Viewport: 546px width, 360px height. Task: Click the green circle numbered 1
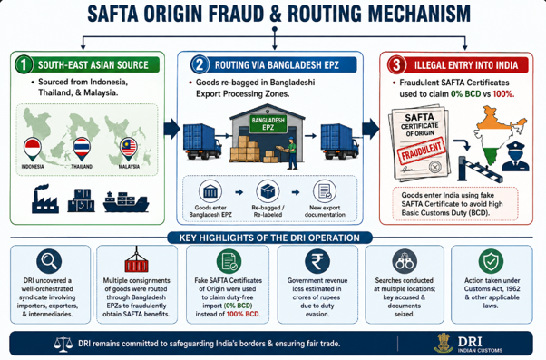(x=24, y=64)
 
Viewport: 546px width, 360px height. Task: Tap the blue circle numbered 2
(x=200, y=64)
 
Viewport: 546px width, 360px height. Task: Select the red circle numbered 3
(x=396, y=64)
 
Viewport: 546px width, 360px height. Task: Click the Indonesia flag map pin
(x=33, y=149)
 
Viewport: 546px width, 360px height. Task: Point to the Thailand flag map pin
(x=82, y=149)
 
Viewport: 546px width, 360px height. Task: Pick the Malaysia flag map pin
(x=129, y=149)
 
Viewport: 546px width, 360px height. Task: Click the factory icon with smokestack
(x=44, y=199)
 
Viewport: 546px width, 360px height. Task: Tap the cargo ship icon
(x=126, y=201)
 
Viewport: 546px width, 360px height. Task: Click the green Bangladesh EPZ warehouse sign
(x=268, y=124)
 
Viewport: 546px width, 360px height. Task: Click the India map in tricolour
(x=498, y=135)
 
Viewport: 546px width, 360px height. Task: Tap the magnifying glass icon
(x=49, y=261)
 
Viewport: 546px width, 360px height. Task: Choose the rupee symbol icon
(x=317, y=261)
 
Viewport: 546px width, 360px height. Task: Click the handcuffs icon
(x=405, y=261)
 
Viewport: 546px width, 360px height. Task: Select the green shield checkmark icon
(x=491, y=261)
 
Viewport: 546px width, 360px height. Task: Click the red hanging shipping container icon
(x=136, y=259)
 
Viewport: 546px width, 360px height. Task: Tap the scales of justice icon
(x=63, y=344)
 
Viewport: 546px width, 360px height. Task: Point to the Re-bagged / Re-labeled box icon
(x=268, y=191)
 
